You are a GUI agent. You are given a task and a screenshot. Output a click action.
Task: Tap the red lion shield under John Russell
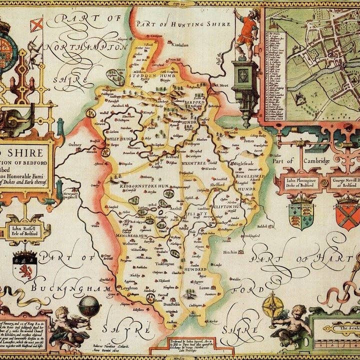pyautogui.click(x=25, y=266)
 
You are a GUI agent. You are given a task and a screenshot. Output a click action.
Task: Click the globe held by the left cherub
pyautogui.click(x=88, y=306)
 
